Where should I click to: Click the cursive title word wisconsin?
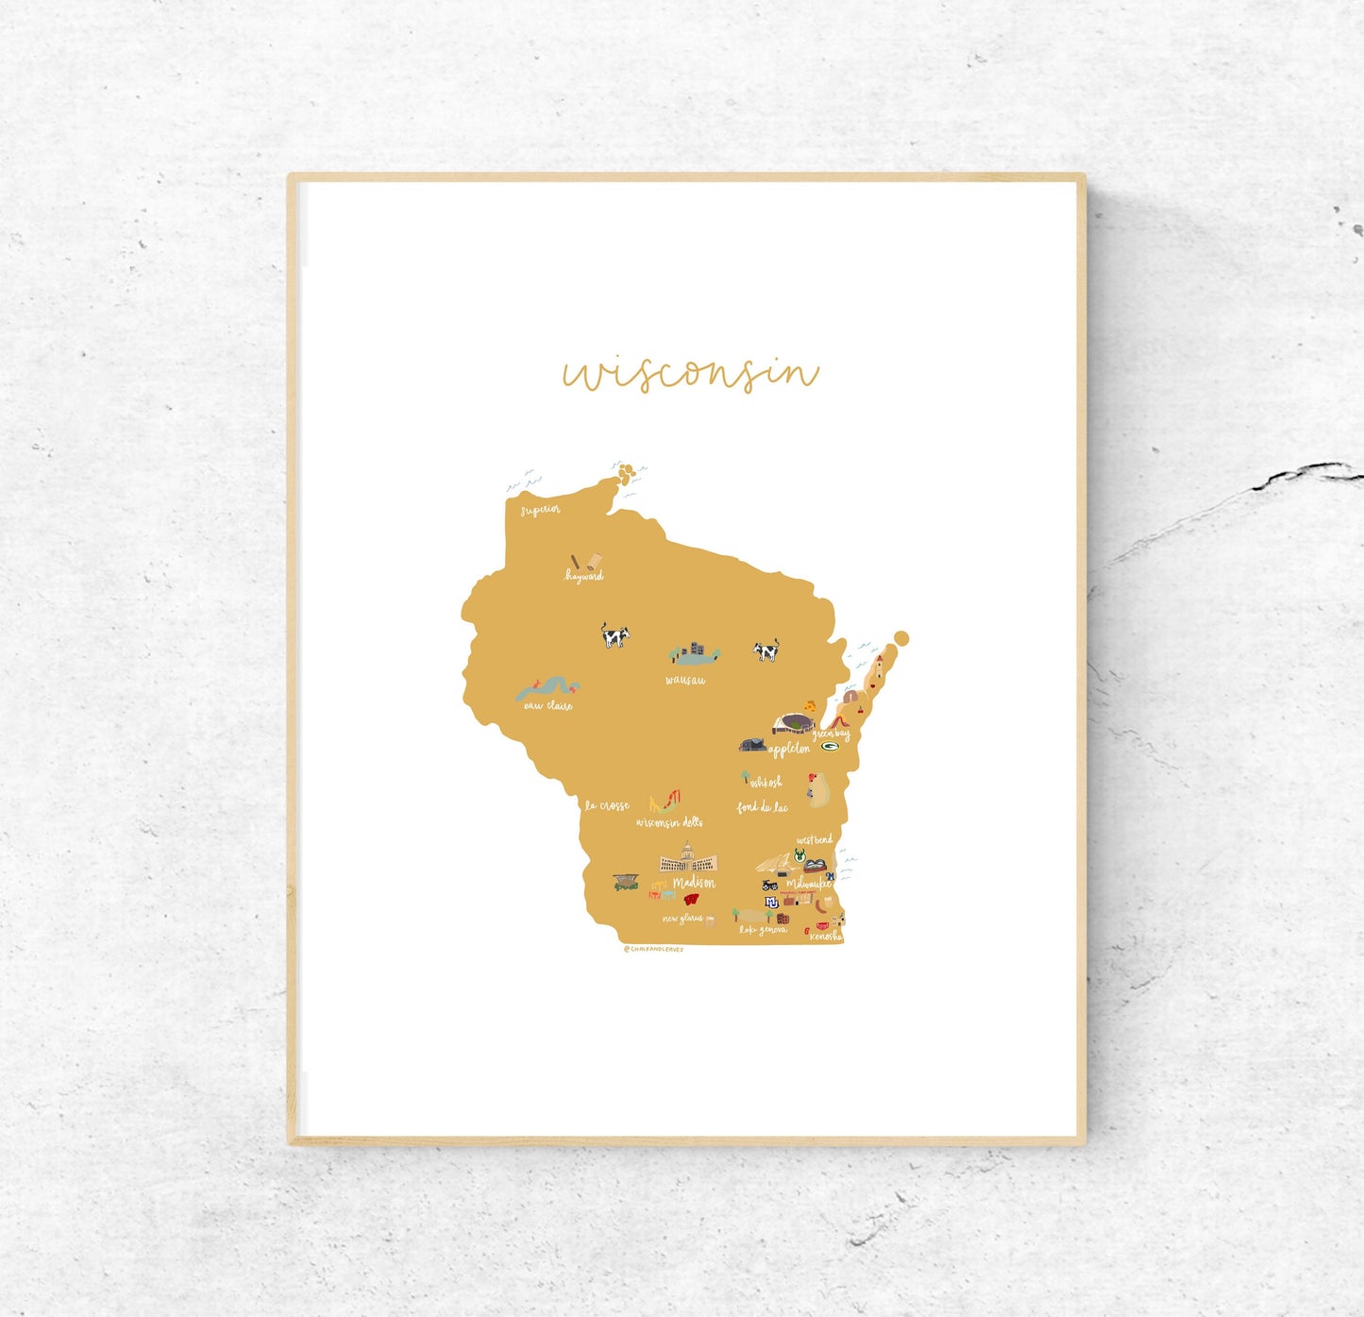coord(690,373)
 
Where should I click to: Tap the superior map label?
coord(541,510)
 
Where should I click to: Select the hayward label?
coord(584,576)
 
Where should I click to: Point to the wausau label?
coord(685,681)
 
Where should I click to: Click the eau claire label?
coord(548,705)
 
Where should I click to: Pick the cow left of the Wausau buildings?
coord(615,635)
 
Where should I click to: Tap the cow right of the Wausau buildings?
coord(766,650)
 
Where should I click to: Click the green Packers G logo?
coord(831,747)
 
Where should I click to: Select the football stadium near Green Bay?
coord(793,724)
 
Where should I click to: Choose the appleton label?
coord(789,750)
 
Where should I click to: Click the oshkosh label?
coord(766,783)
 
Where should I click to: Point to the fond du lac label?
coord(762,807)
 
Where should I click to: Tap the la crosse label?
coord(607,806)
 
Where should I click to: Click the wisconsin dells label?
coord(669,823)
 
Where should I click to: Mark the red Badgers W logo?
coord(692,899)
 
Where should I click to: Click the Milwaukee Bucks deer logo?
coord(799,855)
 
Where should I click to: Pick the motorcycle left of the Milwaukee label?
coord(770,886)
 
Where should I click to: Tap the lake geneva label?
coord(763,931)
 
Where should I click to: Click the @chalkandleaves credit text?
coord(653,950)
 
